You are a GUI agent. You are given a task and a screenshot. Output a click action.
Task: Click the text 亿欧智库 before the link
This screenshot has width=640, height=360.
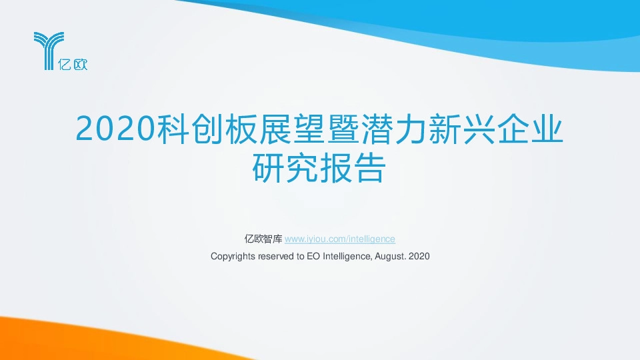(263, 239)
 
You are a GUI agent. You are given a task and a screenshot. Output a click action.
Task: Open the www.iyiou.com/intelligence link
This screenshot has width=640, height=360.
(340, 239)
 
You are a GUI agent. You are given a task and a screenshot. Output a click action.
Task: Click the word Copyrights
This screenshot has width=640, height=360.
(232, 256)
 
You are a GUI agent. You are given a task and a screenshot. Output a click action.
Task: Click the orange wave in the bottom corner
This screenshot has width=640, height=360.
(40, 340)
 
